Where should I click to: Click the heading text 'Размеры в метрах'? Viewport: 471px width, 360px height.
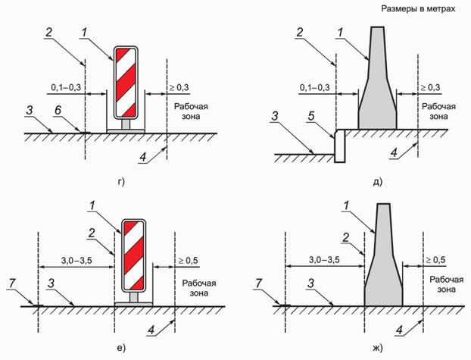pyautogui.click(x=418, y=9)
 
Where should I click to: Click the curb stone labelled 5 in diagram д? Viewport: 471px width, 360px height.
pyautogui.click(x=340, y=146)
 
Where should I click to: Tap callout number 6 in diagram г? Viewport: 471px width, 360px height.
pyautogui.click(x=58, y=110)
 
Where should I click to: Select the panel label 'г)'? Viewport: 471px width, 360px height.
pyautogui.click(x=120, y=182)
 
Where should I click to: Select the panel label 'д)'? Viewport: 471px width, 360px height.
pyautogui.click(x=378, y=182)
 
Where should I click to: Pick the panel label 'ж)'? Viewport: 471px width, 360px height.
pyautogui.click(x=378, y=348)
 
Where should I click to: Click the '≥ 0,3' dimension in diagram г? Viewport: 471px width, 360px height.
pyautogui.click(x=179, y=87)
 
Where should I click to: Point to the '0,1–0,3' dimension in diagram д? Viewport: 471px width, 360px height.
pyautogui.click(x=314, y=87)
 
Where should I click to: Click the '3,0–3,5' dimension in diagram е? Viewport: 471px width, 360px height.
pyautogui.click(x=76, y=261)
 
